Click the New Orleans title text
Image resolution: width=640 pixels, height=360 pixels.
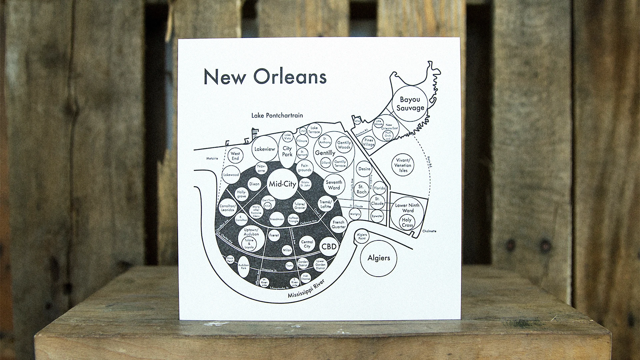(x=265, y=77)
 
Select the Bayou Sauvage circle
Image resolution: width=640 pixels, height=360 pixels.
(x=410, y=103)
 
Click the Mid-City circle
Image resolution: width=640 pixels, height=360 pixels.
(x=282, y=184)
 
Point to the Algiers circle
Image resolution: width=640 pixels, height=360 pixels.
(x=379, y=258)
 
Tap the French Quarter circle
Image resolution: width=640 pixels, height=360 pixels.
(x=338, y=225)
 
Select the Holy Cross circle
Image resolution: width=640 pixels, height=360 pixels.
(x=407, y=222)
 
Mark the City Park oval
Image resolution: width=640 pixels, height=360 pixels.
(x=287, y=152)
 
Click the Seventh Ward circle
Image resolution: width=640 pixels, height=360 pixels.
(x=334, y=185)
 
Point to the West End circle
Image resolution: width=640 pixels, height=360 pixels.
(x=235, y=156)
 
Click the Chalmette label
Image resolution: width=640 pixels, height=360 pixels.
(x=429, y=231)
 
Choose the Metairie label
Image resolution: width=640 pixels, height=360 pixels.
(x=212, y=158)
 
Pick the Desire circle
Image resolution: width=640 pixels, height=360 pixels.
(x=364, y=169)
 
